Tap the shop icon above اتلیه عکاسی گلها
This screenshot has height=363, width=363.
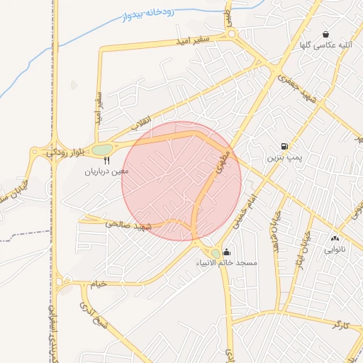point(325,34)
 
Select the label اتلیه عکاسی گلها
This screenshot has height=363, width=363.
point(325,45)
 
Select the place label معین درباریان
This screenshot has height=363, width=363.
point(107,171)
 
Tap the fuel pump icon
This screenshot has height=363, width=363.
point(284,147)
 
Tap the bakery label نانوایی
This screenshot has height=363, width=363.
point(335,250)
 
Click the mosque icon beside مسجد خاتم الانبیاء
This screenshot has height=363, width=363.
point(226,252)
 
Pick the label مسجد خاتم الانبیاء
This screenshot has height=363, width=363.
point(228,262)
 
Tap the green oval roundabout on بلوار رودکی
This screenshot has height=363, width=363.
point(102,150)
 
